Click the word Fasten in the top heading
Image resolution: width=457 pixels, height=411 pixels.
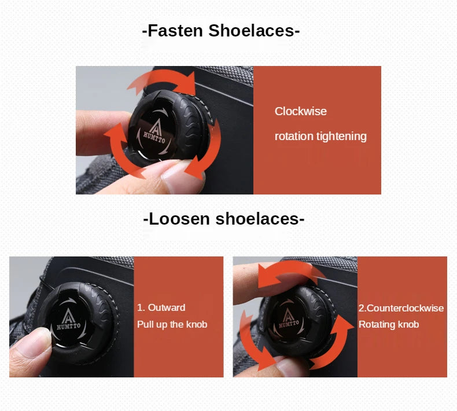[x=175, y=31]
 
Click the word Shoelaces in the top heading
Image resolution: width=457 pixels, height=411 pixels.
[x=252, y=31]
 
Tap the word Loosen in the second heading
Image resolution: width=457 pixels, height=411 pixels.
[x=179, y=219]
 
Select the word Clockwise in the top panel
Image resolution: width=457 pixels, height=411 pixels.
[x=300, y=111]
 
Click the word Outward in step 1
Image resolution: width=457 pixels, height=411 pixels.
[x=167, y=307]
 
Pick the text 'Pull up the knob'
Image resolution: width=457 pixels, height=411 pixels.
[x=172, y=324]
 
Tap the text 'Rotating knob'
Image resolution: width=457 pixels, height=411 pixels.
[x=389, y=324]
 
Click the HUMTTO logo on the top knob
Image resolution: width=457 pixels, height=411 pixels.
[x=154, y=133]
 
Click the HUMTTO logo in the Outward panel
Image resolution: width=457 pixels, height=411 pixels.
[x=68, y=320]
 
